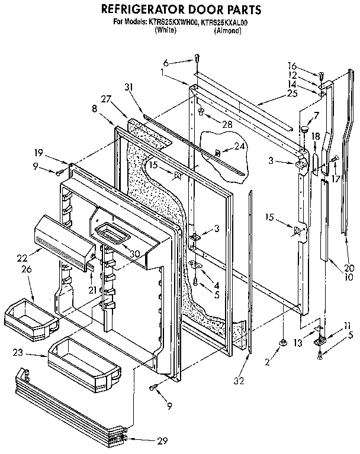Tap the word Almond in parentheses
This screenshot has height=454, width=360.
[x=227, y=30]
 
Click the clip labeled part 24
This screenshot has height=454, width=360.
[x=218, y=153]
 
